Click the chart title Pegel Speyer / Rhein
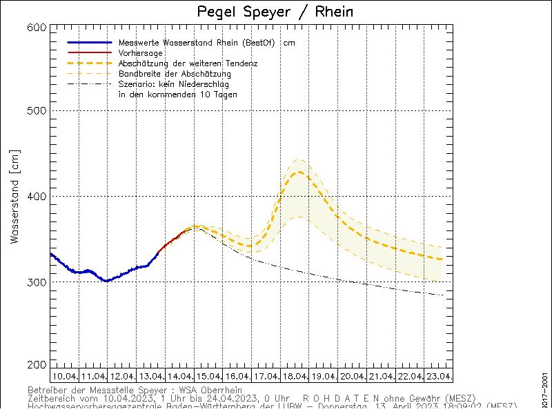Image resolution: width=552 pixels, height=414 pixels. pyautogui.click(x=275, y=12)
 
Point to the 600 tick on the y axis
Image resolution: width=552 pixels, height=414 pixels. pyautogui.click(x=38, y=27)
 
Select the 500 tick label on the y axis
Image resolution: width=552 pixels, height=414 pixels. pyautogui.click(x=38, y=111)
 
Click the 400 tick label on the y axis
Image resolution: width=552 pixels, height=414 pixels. pyautogui.click(x=38, y=197)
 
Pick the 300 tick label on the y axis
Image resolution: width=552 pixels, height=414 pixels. pyautogui.click(x=38, y=282)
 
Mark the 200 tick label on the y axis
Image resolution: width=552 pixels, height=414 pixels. pyautogui.click(x=38, y=365)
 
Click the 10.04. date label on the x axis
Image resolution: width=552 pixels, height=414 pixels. pyautogui.click(x=64, y=376)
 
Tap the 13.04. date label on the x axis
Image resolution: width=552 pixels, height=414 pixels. pyautogui.click(x=150, y=376)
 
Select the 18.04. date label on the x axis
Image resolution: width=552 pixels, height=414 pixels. pyautogui.click(x=295, y=376)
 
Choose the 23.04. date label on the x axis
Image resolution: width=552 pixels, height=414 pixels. pyautogui.click(x=438, y=376)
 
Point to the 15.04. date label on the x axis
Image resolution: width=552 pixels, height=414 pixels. pyautogui.click(x=208, y=376)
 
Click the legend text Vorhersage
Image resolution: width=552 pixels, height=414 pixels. pyautogui.click(x=141, y=53)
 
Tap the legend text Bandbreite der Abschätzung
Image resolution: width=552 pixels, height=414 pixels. pyautogui.click(x=175, y=74)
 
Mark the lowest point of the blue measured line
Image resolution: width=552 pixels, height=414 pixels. pyautogui.click(x=105, y=281)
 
